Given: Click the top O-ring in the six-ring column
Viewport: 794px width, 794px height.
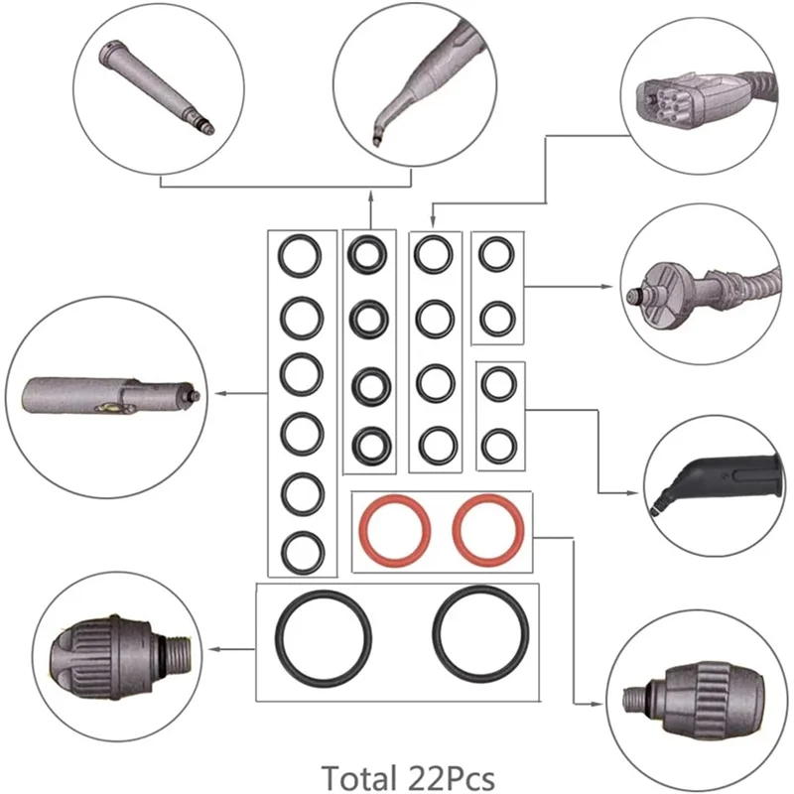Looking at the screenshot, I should click(x=299, y=256).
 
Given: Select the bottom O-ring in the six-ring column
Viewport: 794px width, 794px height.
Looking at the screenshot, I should click(x=299, y=549).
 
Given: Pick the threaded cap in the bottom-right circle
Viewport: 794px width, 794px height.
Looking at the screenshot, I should click(x=685, y=690).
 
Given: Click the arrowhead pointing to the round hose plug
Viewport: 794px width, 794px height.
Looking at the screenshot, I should click(x=607, y=286).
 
